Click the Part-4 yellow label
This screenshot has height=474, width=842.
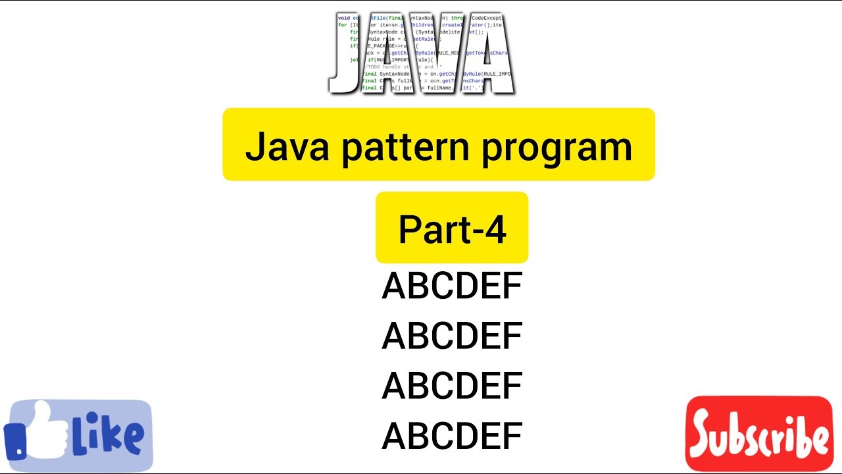(452, 228)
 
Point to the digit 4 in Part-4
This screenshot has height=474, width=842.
(495, 229)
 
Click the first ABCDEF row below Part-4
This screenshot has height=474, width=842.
(452, 286)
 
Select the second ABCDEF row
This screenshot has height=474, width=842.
(452, 336)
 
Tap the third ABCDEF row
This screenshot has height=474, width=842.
(452, 386)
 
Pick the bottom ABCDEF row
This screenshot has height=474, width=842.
(452, 436)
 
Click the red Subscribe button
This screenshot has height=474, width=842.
(758, 434)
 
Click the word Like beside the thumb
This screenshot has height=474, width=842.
(109, 434)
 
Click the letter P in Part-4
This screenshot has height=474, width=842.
(410, 230)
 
